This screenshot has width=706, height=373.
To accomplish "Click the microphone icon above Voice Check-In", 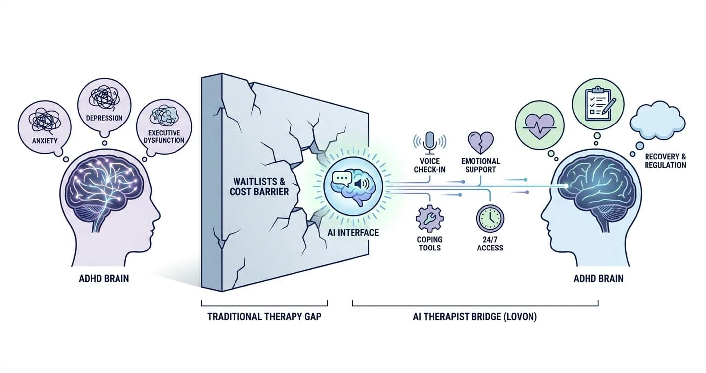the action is tap(430, 143).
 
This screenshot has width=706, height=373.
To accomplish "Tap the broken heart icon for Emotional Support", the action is tap(480, 143).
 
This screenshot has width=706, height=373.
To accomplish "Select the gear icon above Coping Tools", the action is tap(429, 219).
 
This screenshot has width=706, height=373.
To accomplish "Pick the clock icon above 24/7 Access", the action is tap(490, 219).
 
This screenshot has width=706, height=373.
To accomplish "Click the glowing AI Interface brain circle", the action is tap(353, 186).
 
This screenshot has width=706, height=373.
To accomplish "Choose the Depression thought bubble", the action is tap(104, 106).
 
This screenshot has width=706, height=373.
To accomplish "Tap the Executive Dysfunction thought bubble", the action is tap(164, 127).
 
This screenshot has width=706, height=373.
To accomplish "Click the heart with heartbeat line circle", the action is tap(539, 125).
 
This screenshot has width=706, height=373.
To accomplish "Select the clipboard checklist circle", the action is tap(598, 104).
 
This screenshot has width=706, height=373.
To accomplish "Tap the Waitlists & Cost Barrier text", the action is tap(259, 186).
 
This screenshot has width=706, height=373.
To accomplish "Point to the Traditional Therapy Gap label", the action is tap(264, 316).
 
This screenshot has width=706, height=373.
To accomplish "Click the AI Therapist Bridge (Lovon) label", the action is tap(475, 316).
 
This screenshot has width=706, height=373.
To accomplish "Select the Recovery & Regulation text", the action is tap(665, 161).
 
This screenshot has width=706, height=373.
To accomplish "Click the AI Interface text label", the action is tap(353, 232).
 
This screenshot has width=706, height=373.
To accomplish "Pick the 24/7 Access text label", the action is tap(490, 244).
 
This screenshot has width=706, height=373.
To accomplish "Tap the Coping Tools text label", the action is tap(429, 244).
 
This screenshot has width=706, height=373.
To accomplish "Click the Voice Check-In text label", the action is tap(430, 165).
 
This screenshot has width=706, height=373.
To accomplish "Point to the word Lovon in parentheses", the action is tap(521, 316).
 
